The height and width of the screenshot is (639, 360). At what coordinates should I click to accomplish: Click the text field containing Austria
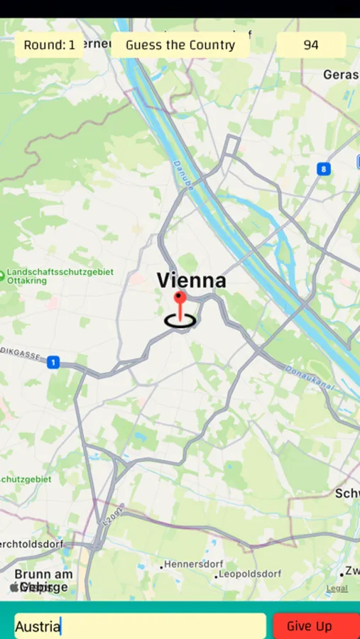[x=140, y=626]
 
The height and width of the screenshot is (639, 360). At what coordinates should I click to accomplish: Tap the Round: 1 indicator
[x=49, y=45]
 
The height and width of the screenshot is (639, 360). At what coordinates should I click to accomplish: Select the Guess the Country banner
[x=180, y=45]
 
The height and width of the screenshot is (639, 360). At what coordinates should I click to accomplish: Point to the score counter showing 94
[x=311, y=45]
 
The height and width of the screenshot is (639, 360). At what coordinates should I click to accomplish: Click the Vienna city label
[x=191, y=280]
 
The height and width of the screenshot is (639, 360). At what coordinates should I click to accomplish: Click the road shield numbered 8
[x=324, y=169]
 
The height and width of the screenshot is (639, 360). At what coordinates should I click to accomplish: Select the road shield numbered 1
[x=53, y=363]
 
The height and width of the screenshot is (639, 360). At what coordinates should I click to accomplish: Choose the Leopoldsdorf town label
[x=250, y=574]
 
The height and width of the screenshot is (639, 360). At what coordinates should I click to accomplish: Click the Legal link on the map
[x=337, y=588]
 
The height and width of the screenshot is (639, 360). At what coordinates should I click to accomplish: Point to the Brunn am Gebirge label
[x=43, y=580]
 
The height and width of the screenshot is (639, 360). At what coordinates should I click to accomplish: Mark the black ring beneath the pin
[x=180, y=321]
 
